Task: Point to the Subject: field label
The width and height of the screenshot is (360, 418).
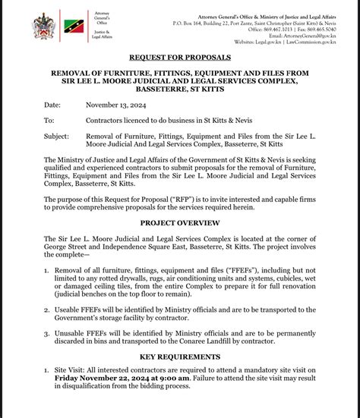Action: click(x=57, y=136)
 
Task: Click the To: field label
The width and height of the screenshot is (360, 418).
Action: click(x=49, y=121)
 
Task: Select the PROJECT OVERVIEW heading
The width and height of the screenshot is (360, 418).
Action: click(x=179, y=223)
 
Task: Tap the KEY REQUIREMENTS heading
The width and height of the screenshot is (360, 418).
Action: click(x=179, y=355)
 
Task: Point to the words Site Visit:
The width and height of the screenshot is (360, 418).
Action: click(x=74, y=368)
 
